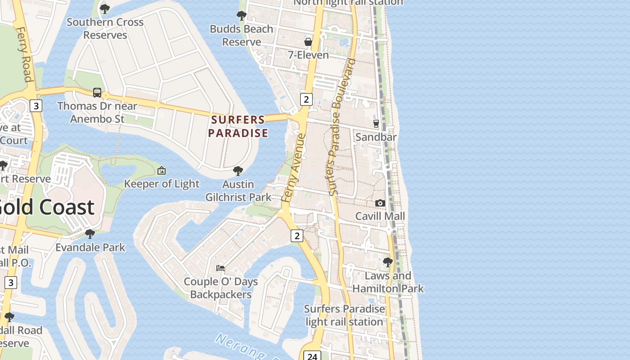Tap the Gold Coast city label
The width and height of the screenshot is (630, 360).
click(47, 207)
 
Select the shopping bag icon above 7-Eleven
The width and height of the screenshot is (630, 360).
click(308, 42)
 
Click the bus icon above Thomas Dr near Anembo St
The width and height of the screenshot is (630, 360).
click(97, 93)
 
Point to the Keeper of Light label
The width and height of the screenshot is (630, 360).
click(162, 184)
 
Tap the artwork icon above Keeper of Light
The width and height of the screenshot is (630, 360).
click(162, 171)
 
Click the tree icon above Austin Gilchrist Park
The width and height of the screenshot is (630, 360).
click(238, 171)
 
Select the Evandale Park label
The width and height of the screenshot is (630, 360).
click(90, 247)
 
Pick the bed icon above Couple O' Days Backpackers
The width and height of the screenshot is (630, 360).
click(220, 268)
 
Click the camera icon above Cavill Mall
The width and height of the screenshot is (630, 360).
click(380, 203)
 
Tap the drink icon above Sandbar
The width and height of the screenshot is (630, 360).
click(376, 123)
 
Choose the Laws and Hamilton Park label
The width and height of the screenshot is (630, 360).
click(388, 282)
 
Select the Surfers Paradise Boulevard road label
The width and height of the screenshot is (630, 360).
click(342, 127)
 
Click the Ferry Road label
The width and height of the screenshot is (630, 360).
click(25, 54)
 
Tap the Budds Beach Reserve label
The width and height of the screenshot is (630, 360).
click(242, 35)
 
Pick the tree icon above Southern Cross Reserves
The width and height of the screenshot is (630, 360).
click(105, 9)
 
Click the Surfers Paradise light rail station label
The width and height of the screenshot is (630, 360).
click(344, 315)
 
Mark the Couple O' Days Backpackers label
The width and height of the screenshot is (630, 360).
click(220, 288)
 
